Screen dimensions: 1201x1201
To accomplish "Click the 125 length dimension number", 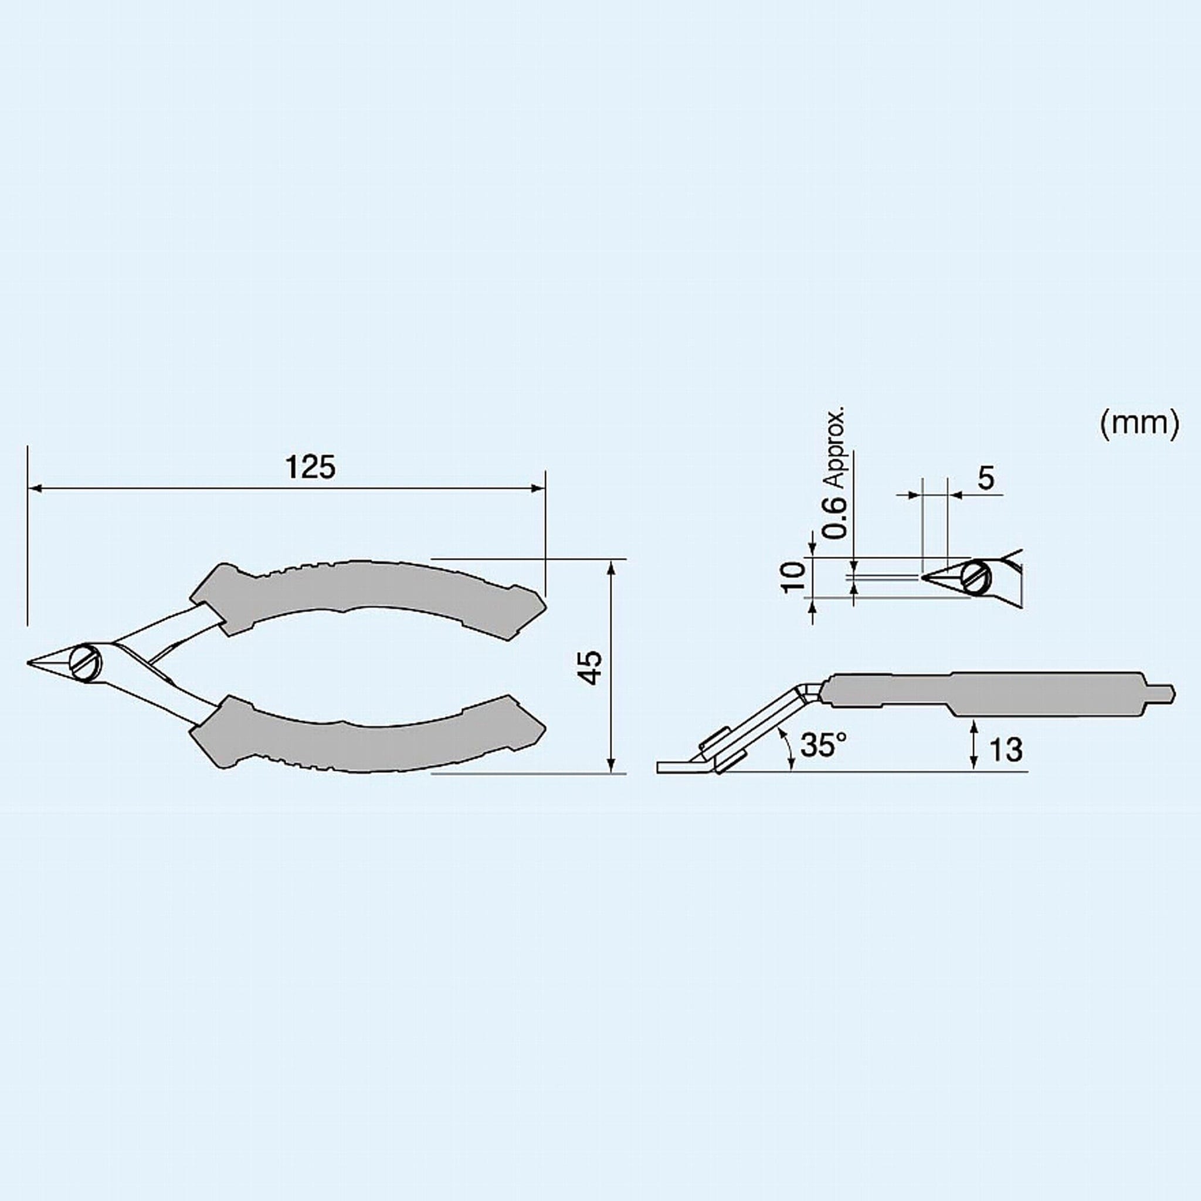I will click(x=310, y=467).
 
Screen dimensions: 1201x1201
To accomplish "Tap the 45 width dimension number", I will click(x=592, y=667).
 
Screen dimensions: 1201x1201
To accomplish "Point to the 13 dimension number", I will click(x=1005, y=749).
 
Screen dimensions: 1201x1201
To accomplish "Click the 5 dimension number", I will click(x=986, y=478).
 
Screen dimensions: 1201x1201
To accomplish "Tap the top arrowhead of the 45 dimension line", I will click(x=612, y=565).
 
